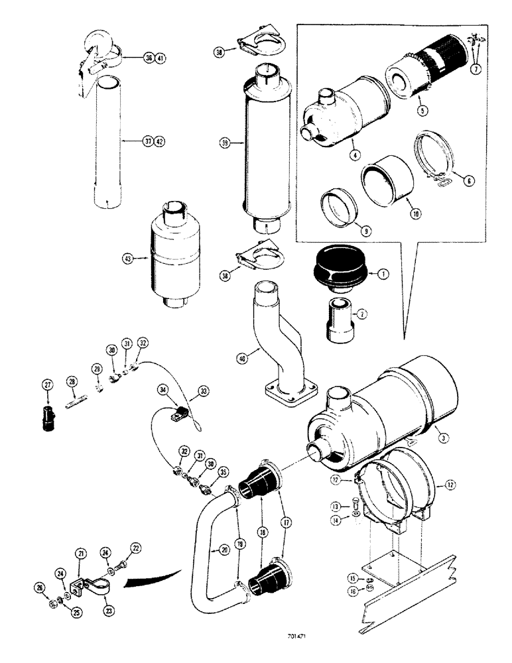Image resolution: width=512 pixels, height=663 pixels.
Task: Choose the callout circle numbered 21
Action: click(80, 552)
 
